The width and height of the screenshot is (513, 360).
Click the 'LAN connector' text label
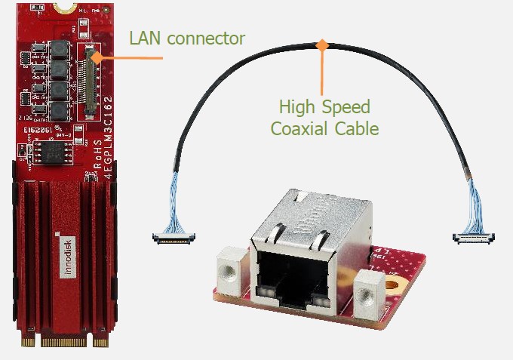pos(186,38)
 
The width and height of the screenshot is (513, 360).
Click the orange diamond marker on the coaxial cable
pos(323,45)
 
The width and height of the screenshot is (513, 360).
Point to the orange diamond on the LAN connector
pos(93,56)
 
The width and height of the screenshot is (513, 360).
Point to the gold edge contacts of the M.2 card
pos(64,342)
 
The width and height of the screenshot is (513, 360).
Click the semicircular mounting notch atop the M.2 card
pos(66,4)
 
